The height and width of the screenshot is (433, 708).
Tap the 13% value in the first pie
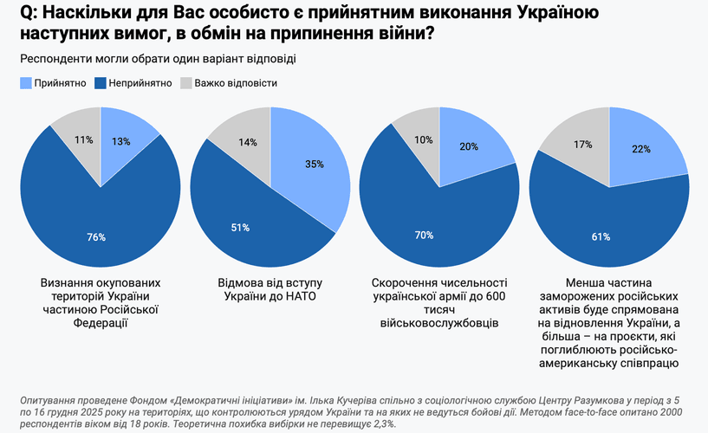click(x=120, y=141)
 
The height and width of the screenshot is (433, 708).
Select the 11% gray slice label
click(x=84, y=139)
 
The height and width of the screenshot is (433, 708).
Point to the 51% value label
click(x=240, y=228)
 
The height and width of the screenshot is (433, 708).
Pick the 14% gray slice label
click(x=248, y=143)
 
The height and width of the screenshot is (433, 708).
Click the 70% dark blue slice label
click(x=424, y=235)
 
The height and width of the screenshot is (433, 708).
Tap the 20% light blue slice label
click(x=467, y=146)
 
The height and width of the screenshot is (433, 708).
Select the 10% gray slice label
click(x=425, y=139)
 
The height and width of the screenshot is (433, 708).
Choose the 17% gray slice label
click(x=583, y=145)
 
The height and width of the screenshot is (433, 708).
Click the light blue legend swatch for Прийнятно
click(x=25, y=83)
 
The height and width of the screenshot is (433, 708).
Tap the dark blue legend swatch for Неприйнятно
click(x=100, y=83)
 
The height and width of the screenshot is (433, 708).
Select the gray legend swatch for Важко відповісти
click(x=186, y=83)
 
